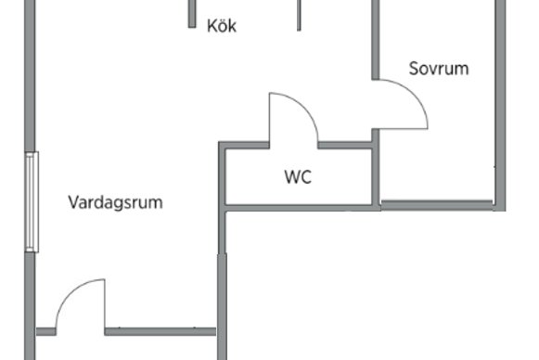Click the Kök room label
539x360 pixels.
tap(222, 26)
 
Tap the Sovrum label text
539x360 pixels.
tap(439, 69)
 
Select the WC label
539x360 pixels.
tap(298, 176)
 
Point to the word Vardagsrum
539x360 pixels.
tap(115, 202)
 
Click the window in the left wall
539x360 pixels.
tap(32, 202)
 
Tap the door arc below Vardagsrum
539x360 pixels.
tap(71, 289)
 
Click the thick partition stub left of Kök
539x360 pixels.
tap(192, 14)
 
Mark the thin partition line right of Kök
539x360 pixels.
tap(299, 16)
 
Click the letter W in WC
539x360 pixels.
tap(292, 176)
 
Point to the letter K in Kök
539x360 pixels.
tap(212, 26)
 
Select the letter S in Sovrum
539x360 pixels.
tap(414, 69)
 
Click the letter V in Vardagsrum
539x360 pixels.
tap(73, 202)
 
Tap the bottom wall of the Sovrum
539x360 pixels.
tap(437, 205)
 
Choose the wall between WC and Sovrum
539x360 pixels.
tap(376, 169)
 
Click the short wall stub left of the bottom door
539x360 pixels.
tap(46, 331)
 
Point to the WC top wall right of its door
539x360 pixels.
tap(345, 145)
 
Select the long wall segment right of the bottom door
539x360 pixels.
tap(160, 331)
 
